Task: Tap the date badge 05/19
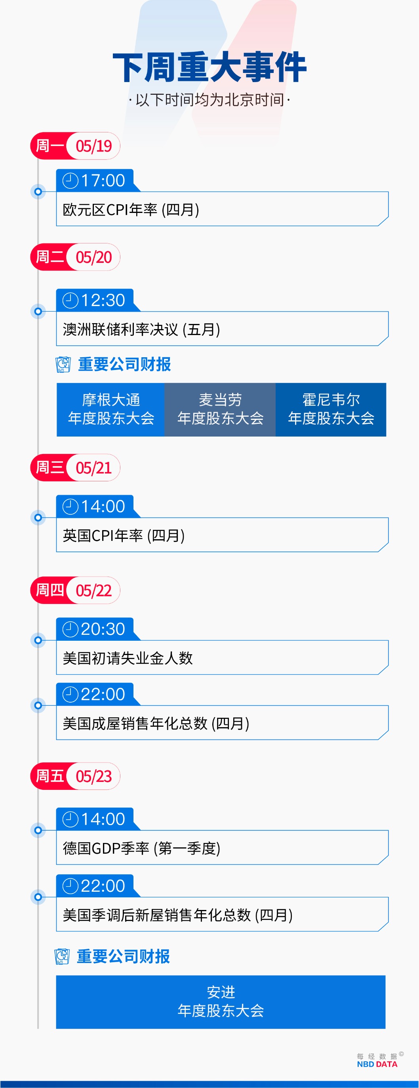pos(94,146)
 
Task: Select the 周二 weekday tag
pos(50,257)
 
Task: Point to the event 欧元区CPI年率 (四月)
pos(131,209)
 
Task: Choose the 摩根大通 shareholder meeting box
pos(110,409)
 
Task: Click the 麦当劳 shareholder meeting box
pos(220,409)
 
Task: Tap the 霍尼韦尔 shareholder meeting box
pos(331,409)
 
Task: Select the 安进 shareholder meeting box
pos(221,1002)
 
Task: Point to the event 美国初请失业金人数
pos(128,658)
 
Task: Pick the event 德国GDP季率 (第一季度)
pos(142,848)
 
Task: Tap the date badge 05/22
pos(94,590)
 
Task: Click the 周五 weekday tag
pos(50,776)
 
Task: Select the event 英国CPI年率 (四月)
pos(124,536)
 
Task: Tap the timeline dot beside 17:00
pos(38,192)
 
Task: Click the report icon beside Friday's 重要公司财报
pos(63,956)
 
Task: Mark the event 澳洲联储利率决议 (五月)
pos(141,329)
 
